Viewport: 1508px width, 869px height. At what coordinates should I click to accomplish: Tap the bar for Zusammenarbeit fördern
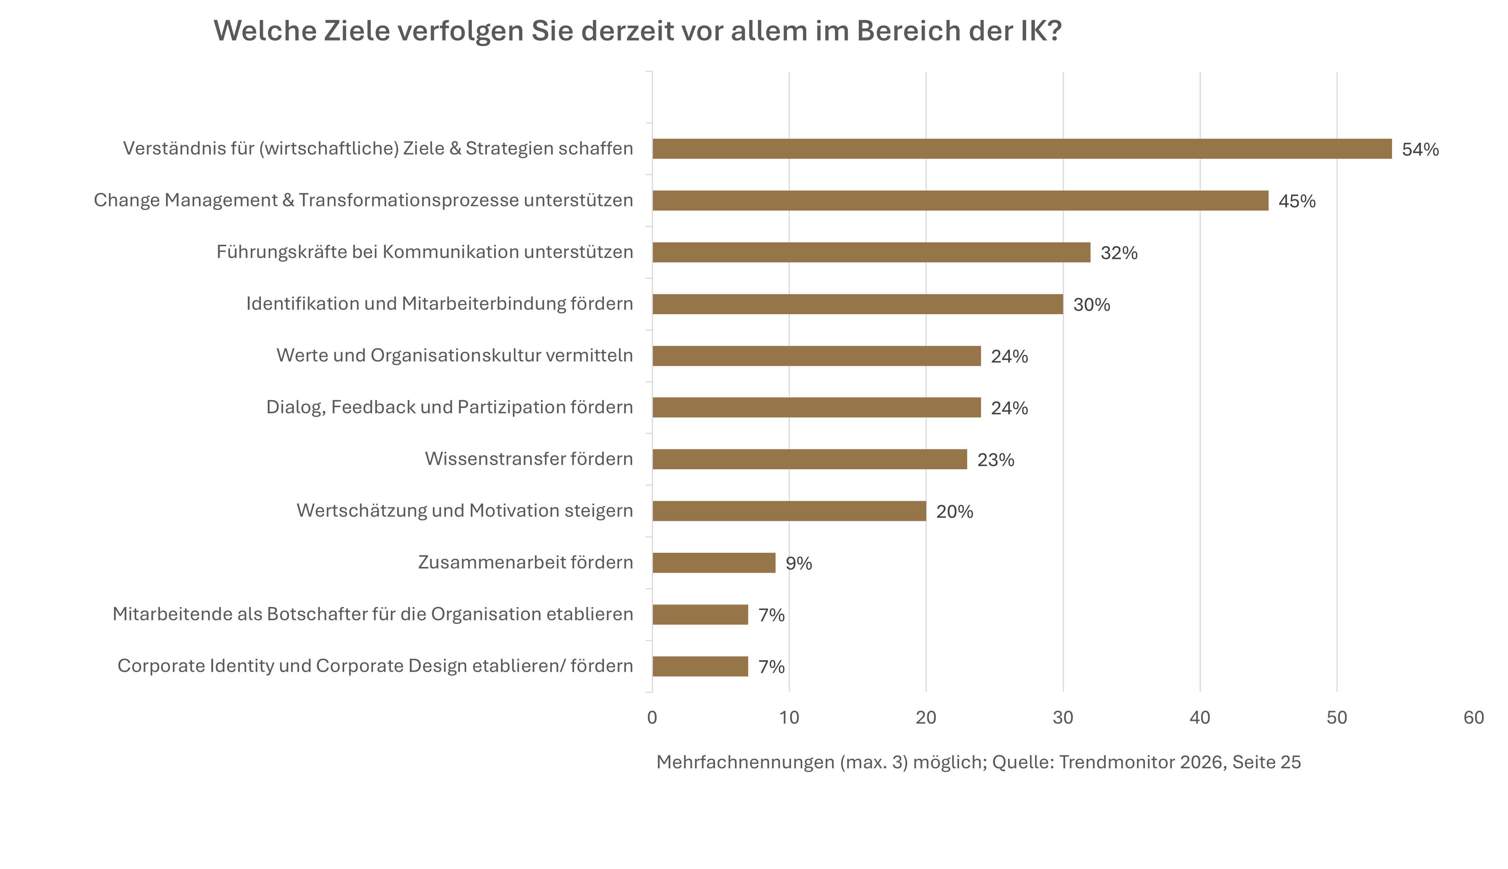point(713,563)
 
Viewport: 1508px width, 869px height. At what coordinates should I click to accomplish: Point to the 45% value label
point(1297,201)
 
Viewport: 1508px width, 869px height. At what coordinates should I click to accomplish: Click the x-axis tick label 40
point(1199,717)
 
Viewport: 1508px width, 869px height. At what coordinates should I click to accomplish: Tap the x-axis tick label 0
point(652,717)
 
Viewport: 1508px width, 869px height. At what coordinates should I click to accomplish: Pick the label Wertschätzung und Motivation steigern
point(465,511)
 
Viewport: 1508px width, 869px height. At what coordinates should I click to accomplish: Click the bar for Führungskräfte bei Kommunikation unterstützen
point(871,252)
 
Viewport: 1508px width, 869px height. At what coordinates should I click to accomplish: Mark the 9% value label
point(798,563)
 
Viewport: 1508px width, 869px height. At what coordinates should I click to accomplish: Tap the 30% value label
point(1091,305)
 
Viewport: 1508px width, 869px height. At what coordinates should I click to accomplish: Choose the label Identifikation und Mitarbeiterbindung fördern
point(439,304)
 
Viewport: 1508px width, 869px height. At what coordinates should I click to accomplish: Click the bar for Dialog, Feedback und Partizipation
point(816,408)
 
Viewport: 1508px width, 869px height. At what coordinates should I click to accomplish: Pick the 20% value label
point(954,511)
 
